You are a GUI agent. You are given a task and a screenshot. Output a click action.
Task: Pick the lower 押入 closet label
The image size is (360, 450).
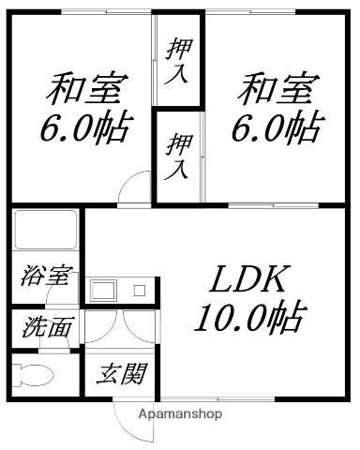[x=177, y=156]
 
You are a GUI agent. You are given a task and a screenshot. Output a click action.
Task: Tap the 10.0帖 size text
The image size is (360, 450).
[x=248, y=319]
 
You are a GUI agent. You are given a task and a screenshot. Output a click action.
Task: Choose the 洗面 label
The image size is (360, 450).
[x=46, y=329]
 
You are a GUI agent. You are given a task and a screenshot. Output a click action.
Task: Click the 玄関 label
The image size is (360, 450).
[x=123, y=376]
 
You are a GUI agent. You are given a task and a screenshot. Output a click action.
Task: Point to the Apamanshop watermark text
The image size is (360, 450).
[x=180, y=413]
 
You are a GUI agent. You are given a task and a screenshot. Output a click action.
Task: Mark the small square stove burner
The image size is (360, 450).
[x=139, y=291]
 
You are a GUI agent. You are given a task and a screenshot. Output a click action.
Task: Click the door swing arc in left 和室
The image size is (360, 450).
[x=133, y=187]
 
